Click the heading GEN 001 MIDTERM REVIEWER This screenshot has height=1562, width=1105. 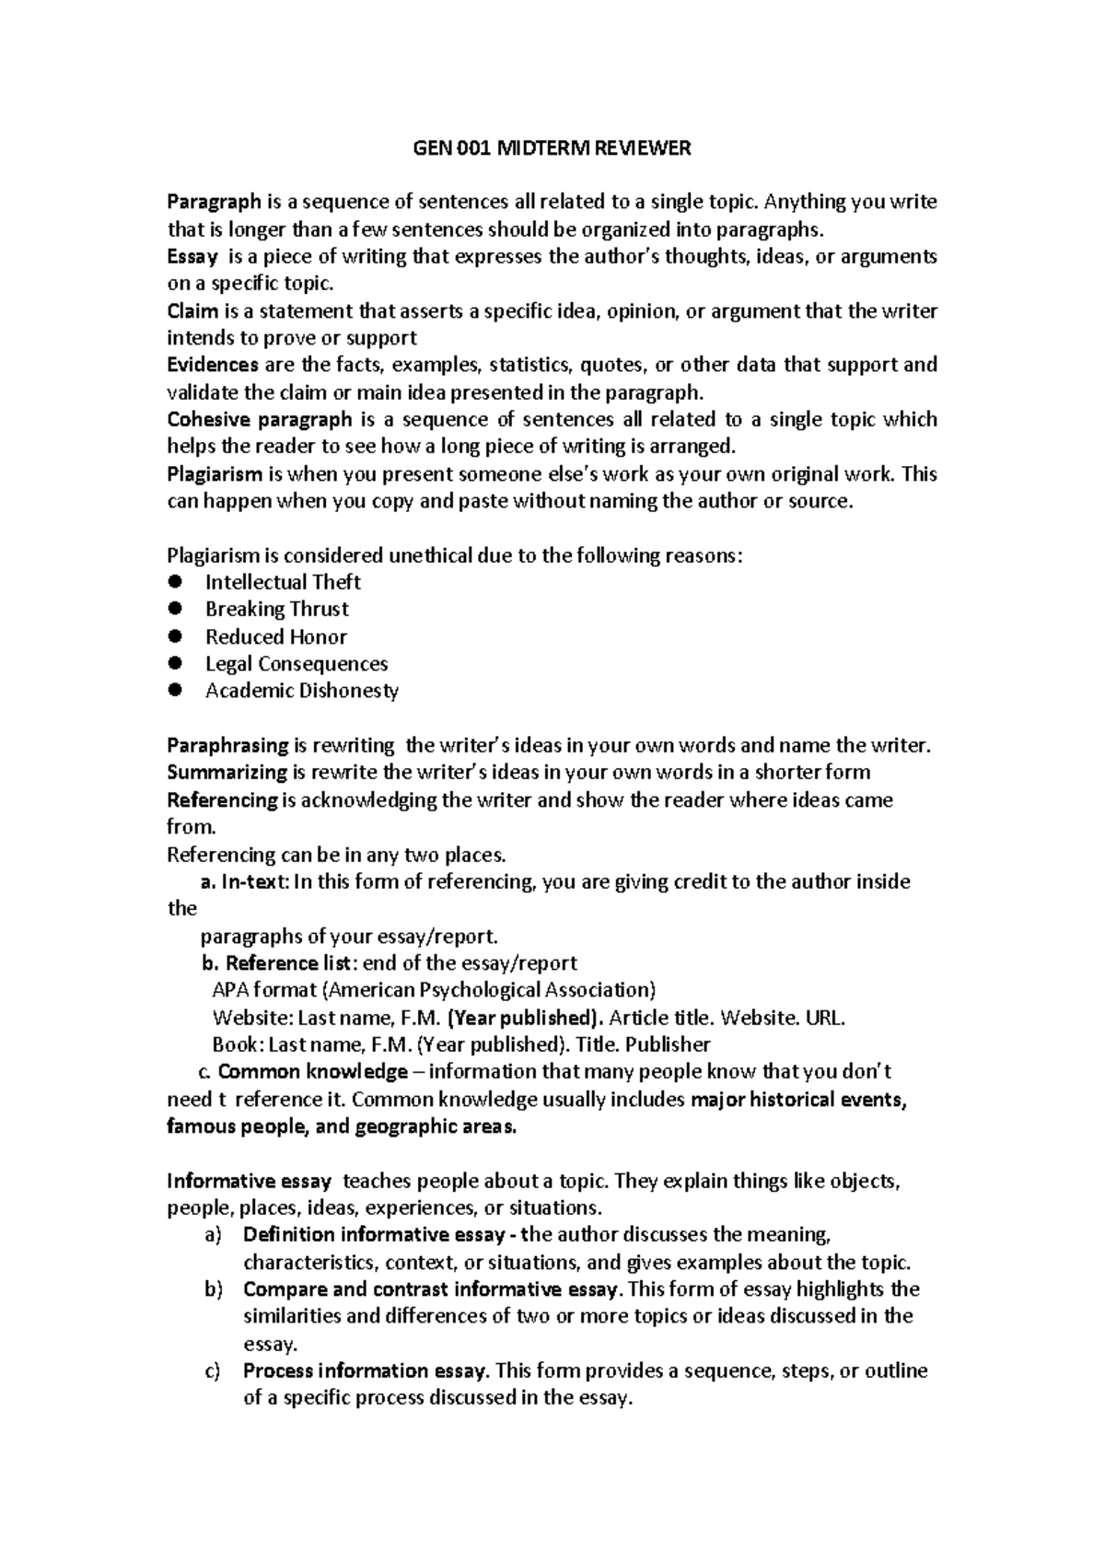(551, 148)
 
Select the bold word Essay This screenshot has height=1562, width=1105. (192, 257)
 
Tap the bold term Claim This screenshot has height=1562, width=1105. (193, 311)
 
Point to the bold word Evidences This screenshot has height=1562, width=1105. (213, 365)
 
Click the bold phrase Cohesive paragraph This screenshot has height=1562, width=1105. (260, 420)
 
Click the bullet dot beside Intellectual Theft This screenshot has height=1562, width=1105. (178, 582)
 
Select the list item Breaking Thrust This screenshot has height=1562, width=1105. (276, 610)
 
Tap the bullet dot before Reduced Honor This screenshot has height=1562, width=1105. (178, 636)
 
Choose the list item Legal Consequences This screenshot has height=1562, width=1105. (296, 664)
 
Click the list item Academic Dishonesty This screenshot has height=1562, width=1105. (301, 691)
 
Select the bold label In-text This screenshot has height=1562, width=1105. (255, 881)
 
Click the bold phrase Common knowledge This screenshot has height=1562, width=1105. (313, 1072)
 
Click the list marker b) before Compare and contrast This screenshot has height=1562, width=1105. (214, 1289)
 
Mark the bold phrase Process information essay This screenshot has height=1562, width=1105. (365, 1370)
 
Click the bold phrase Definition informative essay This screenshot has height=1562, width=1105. (373, 1235)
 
